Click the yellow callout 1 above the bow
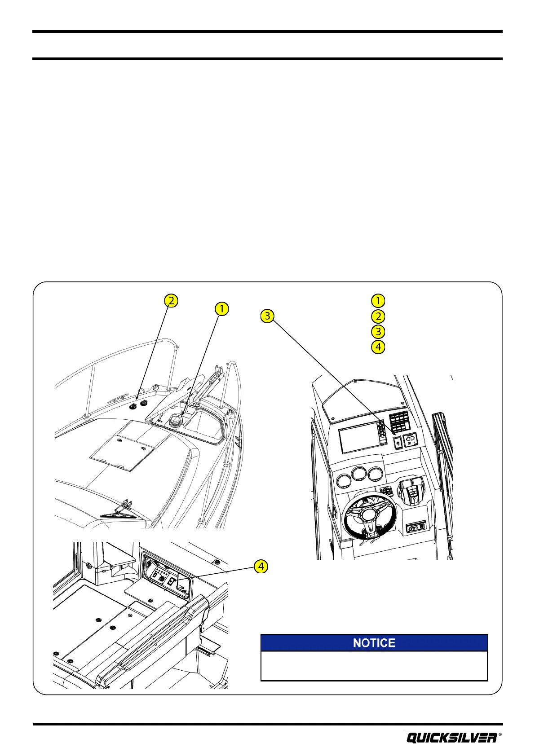221,309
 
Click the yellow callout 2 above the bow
170,300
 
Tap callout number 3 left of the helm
267,316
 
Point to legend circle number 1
378,300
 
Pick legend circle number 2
378,316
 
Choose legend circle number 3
378,332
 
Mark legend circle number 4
378,347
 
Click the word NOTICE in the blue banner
374,643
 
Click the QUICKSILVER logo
452,738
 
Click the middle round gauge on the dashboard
358,475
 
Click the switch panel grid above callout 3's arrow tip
399,422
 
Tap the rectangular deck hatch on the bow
122,452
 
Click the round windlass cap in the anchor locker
174,421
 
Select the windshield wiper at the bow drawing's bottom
119,512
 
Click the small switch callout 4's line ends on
172,580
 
